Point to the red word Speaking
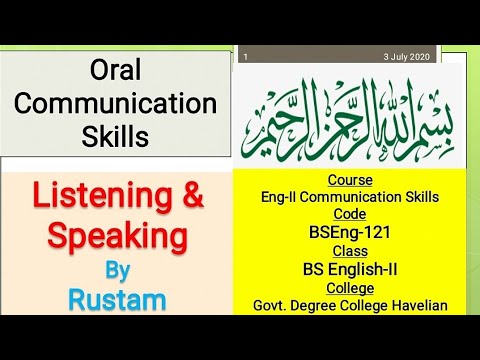(x=119, y=237)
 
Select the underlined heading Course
(x=349, y=181)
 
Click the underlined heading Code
(x=349, y=214)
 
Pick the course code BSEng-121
(x=349, y=232)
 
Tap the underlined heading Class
(x=349, y=251)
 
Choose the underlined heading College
(x=349, y=287)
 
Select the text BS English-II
(x=349, y=269)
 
